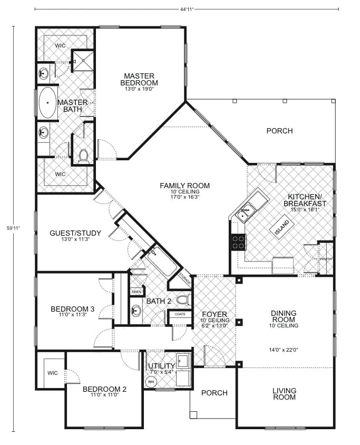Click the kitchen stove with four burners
coord(238,242)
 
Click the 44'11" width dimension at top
coord(187,9)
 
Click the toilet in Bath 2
coord(182,301)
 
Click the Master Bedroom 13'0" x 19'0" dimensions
coord(139,90)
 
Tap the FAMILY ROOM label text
coord(185,186)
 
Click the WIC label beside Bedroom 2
coord(52,373)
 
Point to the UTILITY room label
coord(161,366)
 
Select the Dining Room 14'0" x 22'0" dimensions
coord(284,349)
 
